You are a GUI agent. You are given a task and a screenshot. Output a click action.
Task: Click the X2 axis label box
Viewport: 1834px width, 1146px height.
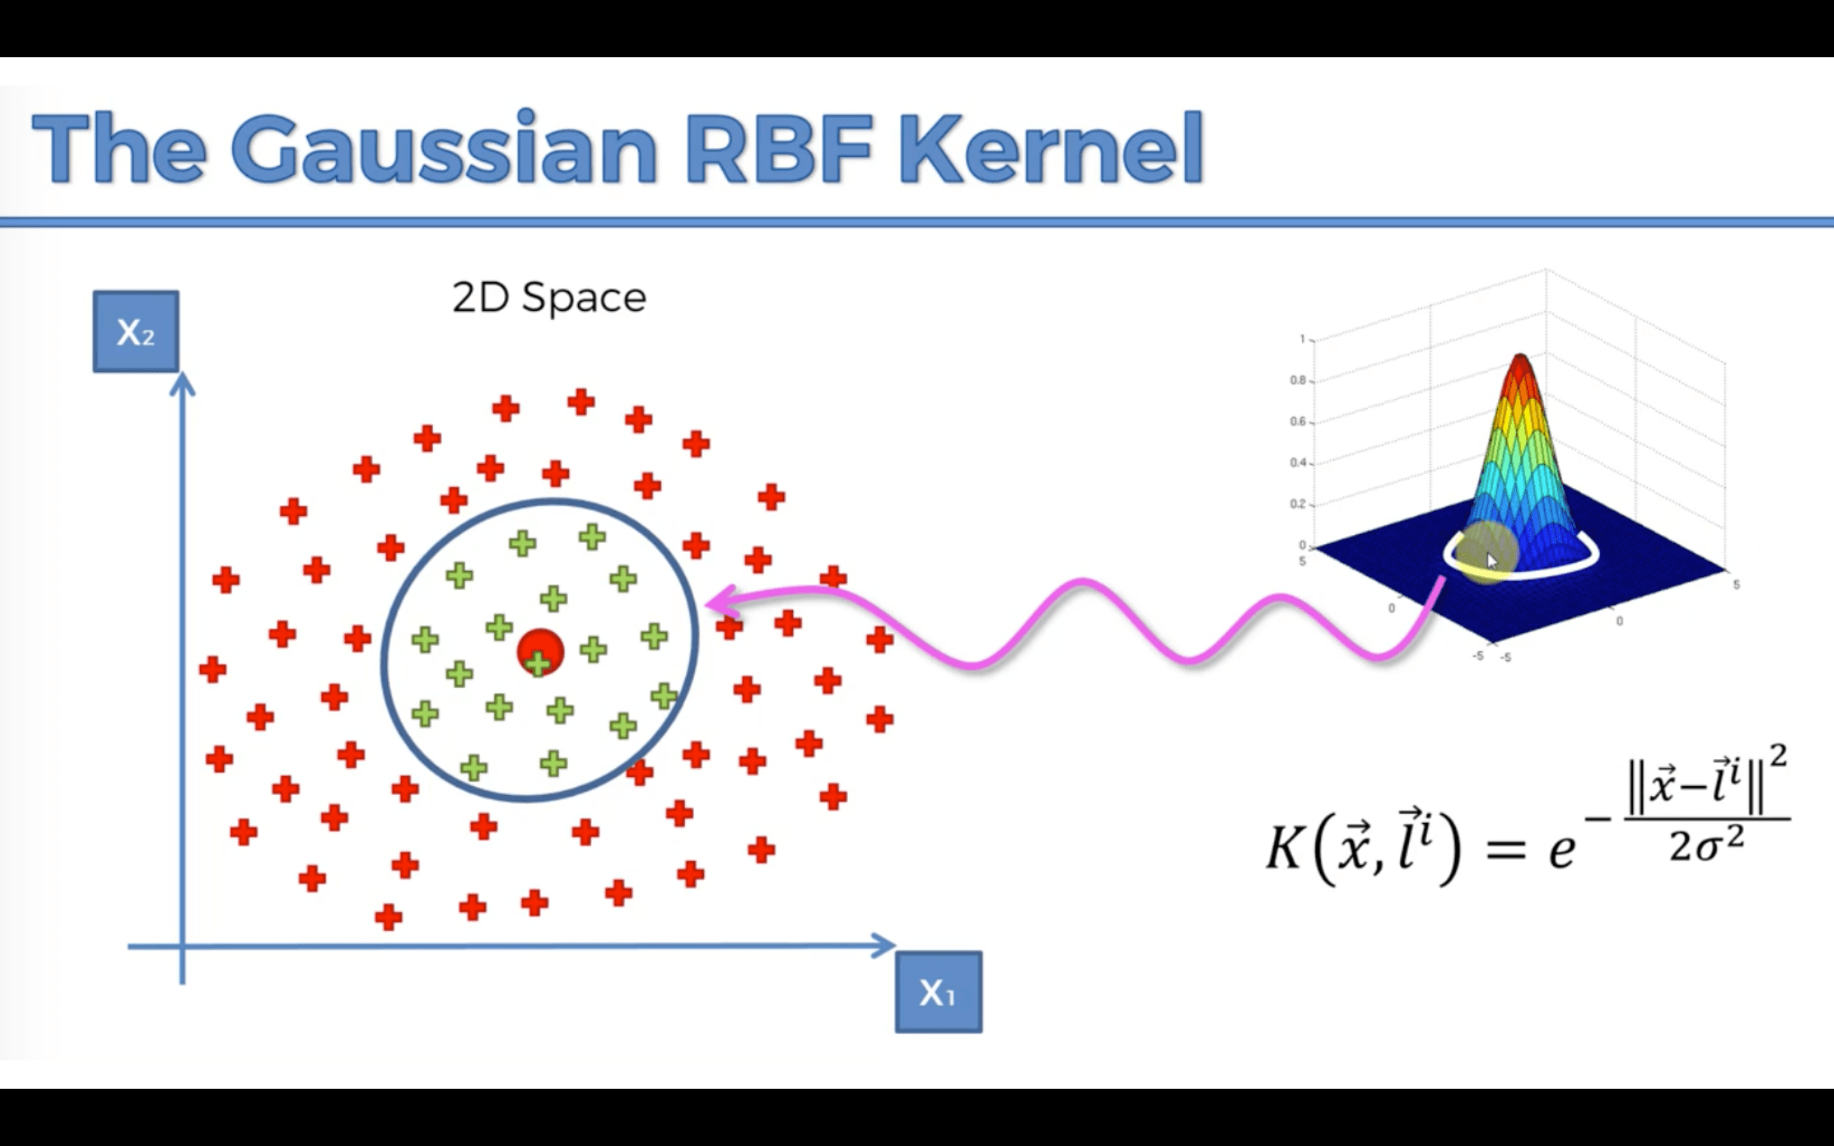(136, 331)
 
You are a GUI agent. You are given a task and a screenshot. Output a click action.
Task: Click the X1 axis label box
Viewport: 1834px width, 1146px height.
(938, 991)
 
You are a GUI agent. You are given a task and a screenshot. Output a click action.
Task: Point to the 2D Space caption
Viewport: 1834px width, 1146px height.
(549, 297)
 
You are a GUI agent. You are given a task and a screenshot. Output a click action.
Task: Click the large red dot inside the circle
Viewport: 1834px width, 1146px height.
(541, 649)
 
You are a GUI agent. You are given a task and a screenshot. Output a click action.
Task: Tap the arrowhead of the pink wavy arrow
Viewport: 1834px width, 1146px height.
(716, 602)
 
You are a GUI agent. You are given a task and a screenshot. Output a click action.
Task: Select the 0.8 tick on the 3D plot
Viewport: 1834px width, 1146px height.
(1297, 379)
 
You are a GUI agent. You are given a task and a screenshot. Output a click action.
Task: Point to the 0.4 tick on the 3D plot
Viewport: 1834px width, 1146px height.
(1297, 462)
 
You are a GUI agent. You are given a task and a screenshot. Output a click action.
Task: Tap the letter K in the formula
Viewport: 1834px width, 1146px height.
(1284, 847)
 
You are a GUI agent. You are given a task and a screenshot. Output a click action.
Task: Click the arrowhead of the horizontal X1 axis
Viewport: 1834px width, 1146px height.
(885, 945)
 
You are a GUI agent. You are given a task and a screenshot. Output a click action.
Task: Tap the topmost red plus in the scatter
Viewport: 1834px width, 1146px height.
(581, 402)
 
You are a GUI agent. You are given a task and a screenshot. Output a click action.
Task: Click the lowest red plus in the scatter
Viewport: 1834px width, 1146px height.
(388, 917)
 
